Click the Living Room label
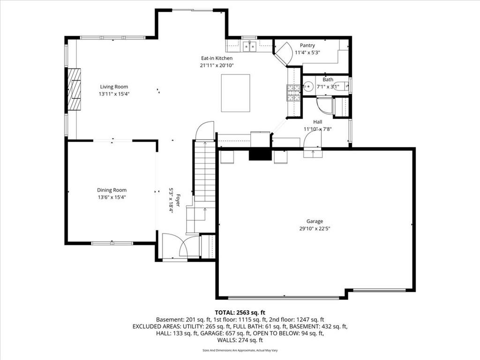pos(114,87)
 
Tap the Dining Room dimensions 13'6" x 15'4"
pos(112,197)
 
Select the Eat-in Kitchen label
pos(217,58)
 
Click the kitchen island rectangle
pos(235,93)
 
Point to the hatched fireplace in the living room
pos(74,89)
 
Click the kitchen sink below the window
pos(249,46)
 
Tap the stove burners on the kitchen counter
pos(293,93)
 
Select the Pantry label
pos(307,45)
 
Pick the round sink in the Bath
pos(307,87)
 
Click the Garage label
pos(315,221)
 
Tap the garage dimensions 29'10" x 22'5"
pos(315,228)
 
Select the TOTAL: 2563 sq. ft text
pos(240,313)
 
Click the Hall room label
pos(318,122)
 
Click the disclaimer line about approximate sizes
pos(240,350)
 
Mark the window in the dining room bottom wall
pos(112,243)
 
